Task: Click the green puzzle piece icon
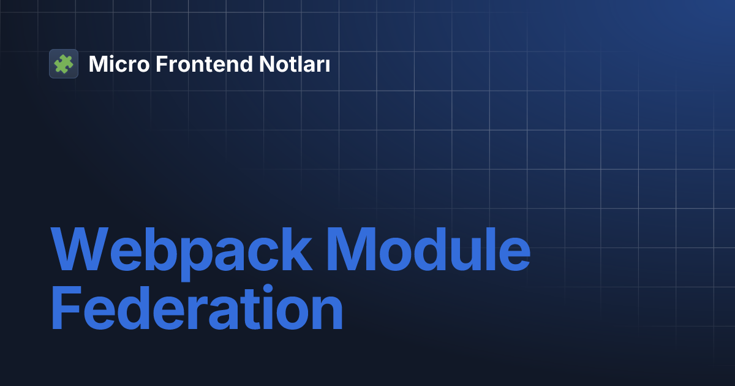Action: click(64, 64)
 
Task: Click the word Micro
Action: click(119, 64)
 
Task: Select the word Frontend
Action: click(204, 64)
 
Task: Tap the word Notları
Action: click(295, 64)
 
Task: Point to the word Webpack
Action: click(181, 254)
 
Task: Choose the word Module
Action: click(429, 249)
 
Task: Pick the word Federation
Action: click(197, 307)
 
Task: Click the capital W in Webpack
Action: click(80, 249)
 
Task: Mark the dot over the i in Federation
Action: click(268, 290)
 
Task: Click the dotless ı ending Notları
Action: click(327, 66)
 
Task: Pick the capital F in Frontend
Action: click(162, 64)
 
